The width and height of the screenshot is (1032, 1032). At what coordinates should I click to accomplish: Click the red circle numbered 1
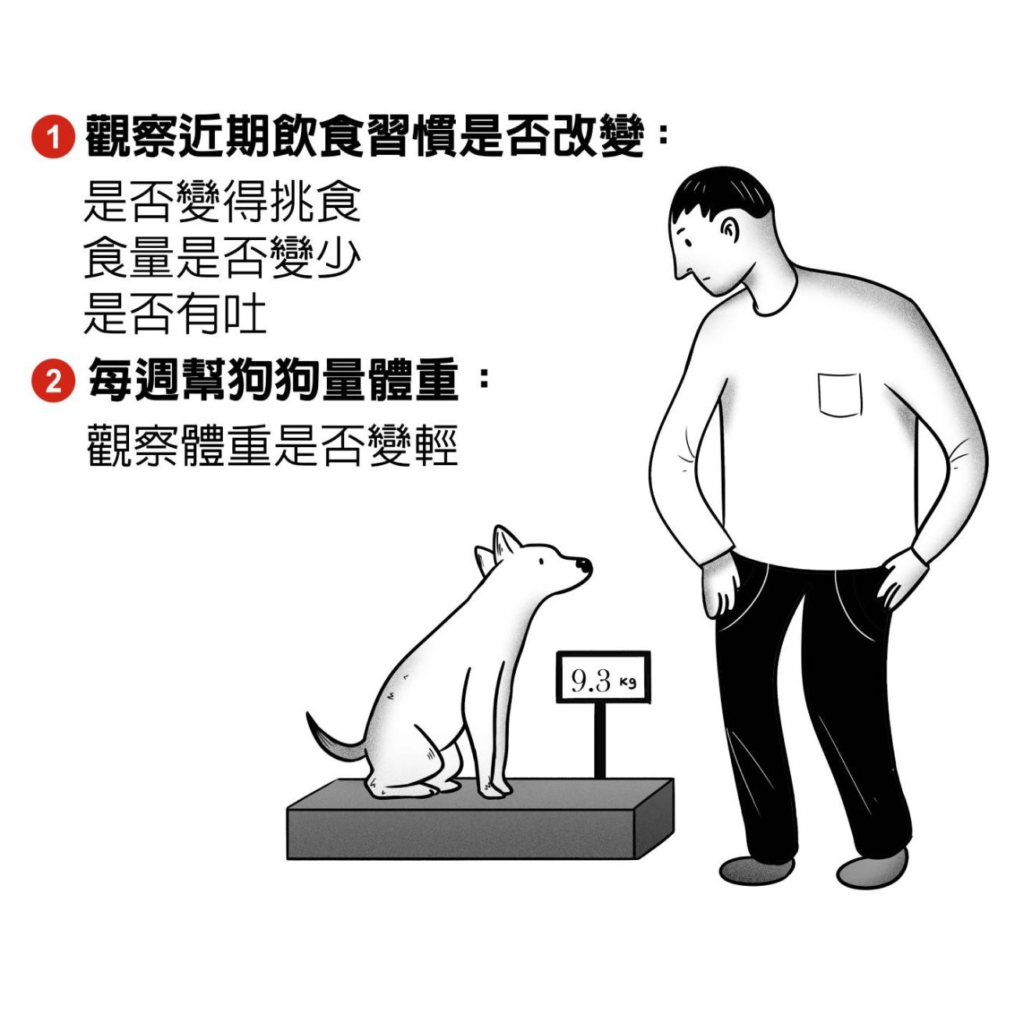[53, 136]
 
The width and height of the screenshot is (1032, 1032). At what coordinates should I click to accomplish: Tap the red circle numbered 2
[53, 381]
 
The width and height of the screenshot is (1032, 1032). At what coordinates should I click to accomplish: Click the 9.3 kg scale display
[603, 678]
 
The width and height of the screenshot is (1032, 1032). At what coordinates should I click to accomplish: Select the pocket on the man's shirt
[840, 394]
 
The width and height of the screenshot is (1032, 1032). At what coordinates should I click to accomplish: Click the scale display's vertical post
[600, 740]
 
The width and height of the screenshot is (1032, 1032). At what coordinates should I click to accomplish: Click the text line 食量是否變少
[222, 258]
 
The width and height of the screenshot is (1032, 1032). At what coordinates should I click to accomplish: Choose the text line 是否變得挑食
[222, 202]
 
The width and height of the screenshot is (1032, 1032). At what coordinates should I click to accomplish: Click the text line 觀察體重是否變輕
[272, 446]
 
